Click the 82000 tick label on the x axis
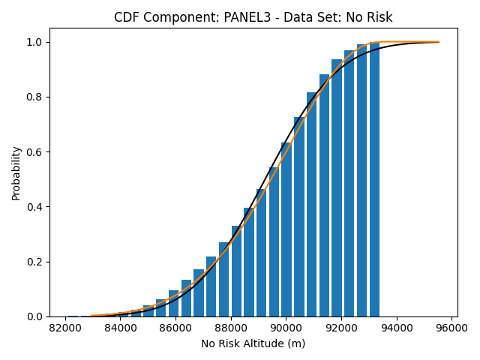pos(65,328)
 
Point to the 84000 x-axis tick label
pos(121,328)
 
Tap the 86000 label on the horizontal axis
pos(176,328)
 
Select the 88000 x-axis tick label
pos(231,328)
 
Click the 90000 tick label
pos(286,328)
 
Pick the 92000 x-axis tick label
pos(342,328)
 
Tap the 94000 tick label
pos(397,328)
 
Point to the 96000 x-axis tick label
pos(452,328)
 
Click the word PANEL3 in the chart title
pos(247,17)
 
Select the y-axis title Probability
pos(16,173)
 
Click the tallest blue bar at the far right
pos(374,179)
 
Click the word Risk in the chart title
pos(380,17)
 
